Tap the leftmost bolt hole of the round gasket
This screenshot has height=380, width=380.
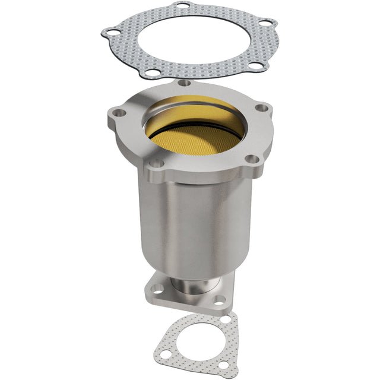click(110, 33)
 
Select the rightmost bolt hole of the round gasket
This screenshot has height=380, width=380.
click(270, 24)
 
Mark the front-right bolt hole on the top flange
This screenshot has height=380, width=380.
click(252, 159)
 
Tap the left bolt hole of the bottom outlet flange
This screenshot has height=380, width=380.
click(157, 289)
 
